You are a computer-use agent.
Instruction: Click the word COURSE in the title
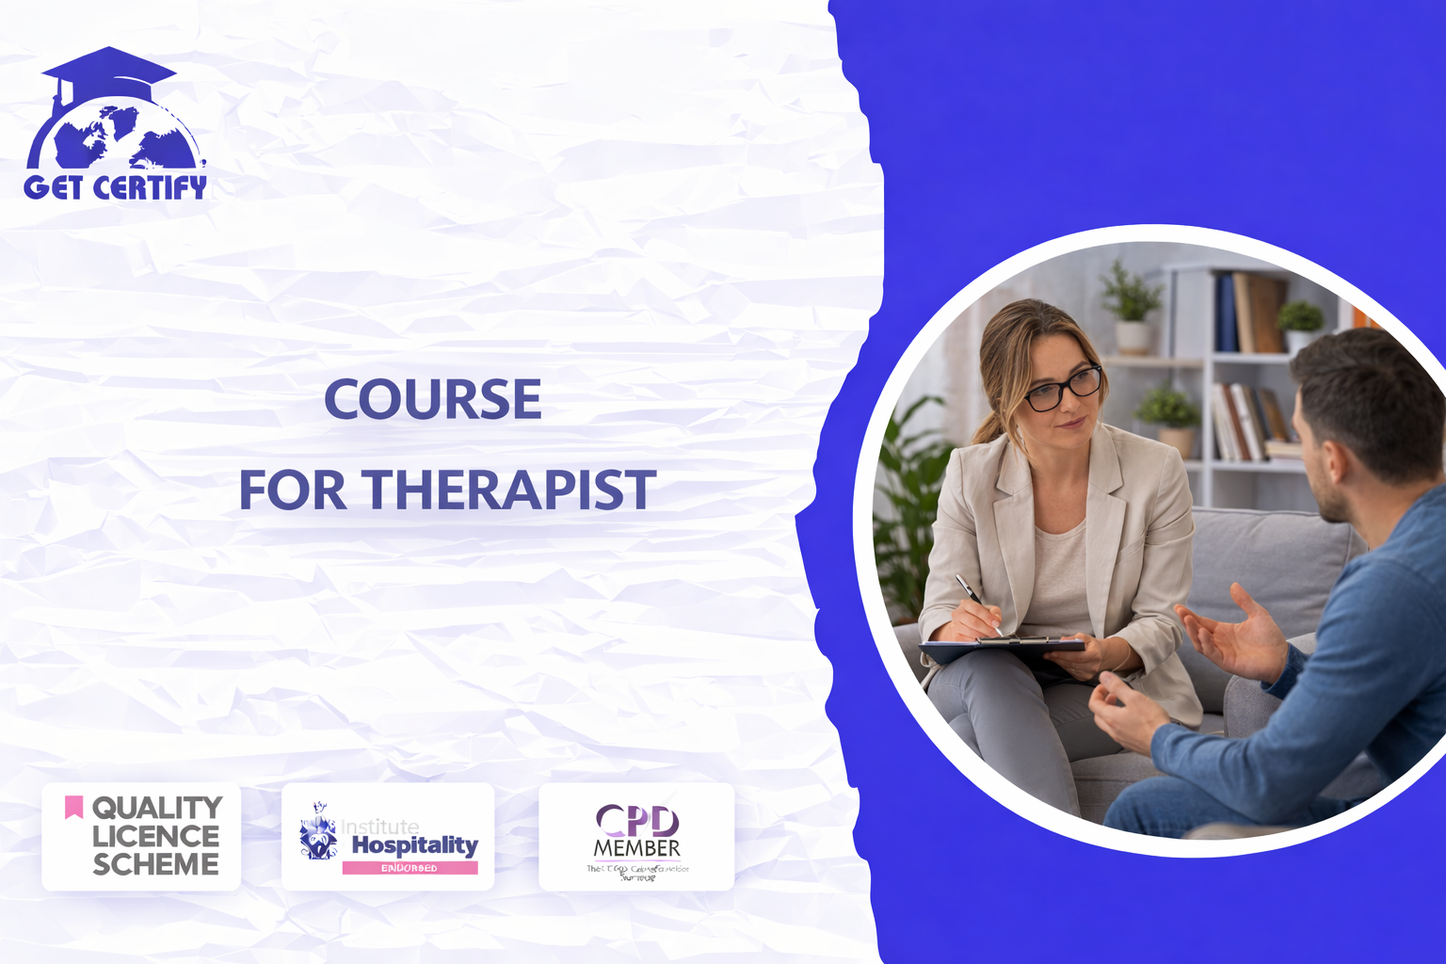coord(433,400)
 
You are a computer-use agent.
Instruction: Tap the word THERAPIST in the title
coord(509,490)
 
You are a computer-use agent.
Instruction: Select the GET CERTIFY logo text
coord(115,186)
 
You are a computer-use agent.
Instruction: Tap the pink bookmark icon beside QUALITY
coord(73,807)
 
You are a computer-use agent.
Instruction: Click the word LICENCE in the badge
coord(155,836)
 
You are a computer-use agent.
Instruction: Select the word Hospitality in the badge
coord(414,844)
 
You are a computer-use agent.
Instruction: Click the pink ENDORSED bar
coord(410,868)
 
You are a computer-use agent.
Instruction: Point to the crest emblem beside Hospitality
coord(318,832)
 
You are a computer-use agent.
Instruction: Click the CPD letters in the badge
coord(637,821)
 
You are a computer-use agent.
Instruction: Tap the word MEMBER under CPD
coord(636,848)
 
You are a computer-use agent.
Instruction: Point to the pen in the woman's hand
coord(977,602)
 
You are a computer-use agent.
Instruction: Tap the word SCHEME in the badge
coord(155,864)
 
